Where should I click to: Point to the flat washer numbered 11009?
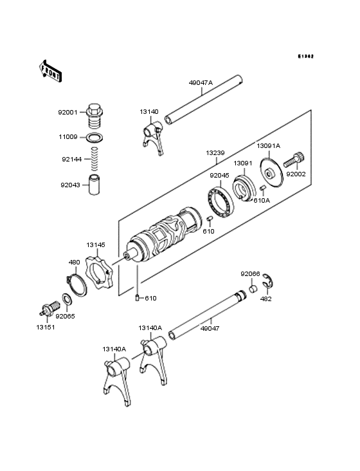pyautogui.click(x=95, y=137)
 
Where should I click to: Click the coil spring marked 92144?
pyautogui.click(x=95, y=158)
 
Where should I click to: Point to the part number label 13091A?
pyautogui.click(x=269, y=145)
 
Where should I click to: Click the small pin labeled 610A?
pyautogui.click(x=262, y=189)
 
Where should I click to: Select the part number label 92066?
pyautogui.click(x=250, y=273)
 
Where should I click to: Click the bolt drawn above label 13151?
pyautogui.click(x=48, y=308)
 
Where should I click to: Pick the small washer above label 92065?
pyautogui.click(x=66, y=300)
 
